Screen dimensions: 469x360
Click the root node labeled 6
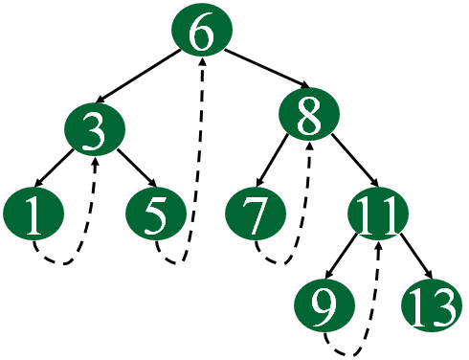(202, 35)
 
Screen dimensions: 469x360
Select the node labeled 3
(94, 130)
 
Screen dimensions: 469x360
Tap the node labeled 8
(310, 118)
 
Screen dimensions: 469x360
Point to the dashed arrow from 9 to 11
(373, 306)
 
